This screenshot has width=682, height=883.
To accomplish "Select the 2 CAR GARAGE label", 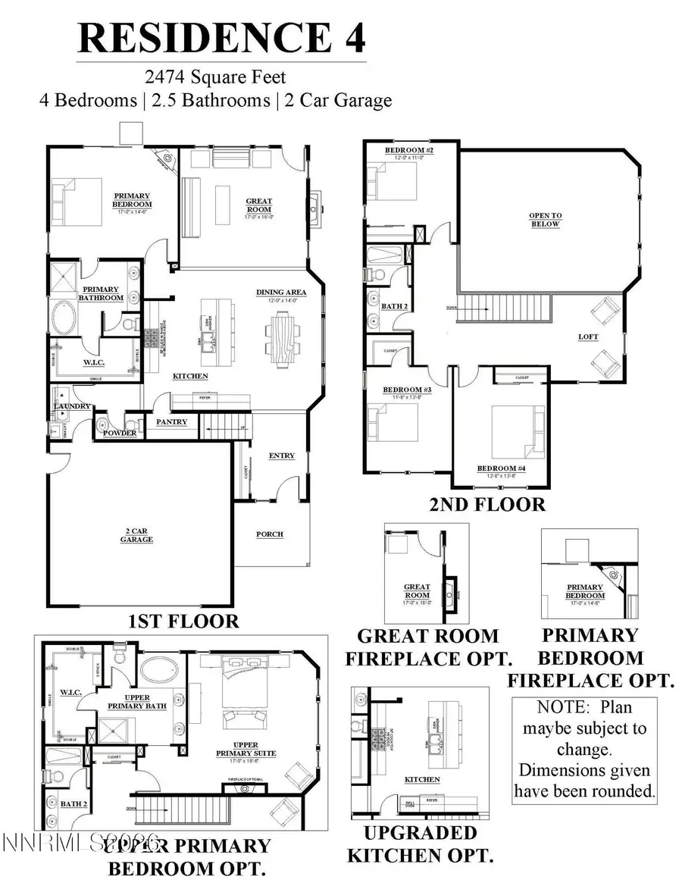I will coord(136,536).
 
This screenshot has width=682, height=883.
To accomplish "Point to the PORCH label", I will coord(270,534).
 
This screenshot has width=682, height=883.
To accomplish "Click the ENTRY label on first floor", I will coord(281,456).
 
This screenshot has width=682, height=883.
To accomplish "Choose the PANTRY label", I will coord(171,421).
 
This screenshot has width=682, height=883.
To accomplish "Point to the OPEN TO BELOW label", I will coord(545,220).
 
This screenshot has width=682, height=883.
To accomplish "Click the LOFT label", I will coord(588,337).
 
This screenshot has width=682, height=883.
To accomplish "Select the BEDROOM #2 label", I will coord(408,151).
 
